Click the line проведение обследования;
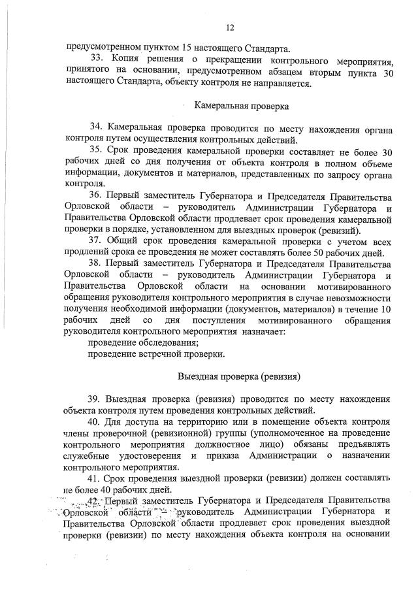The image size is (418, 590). click(144, 342)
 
